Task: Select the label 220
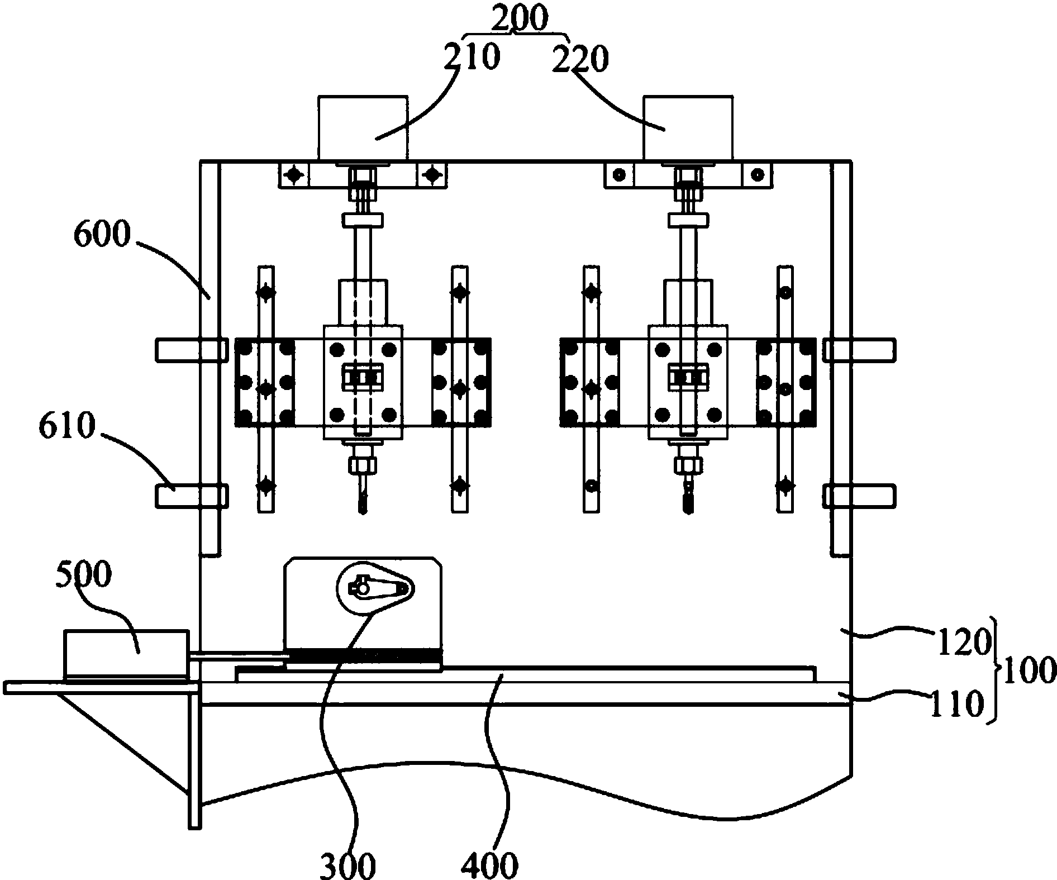(579, 60)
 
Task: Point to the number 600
(102, 235)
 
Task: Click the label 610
(65, 427)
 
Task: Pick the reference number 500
(83, 574)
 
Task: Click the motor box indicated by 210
(363, 127)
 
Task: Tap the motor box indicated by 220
(688, 127)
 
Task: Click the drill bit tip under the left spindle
(363, 510)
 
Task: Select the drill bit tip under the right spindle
(688, 510)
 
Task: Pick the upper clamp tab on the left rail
(192, 350)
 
